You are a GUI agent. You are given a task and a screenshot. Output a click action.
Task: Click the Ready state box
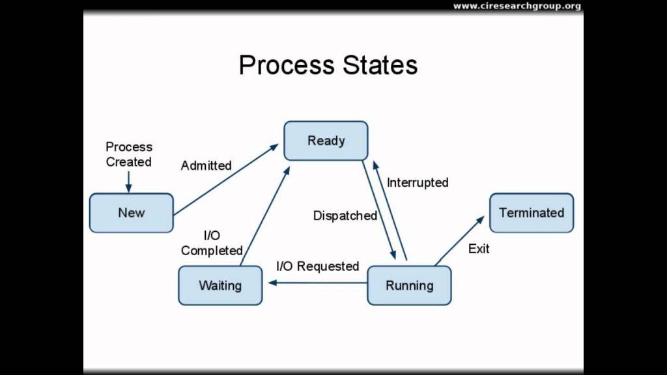coord(326,141)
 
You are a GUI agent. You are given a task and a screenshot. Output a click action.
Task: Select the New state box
coord(132,213)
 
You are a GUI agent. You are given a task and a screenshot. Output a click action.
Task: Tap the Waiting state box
coord(220,285)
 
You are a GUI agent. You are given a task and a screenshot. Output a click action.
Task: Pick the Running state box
coord(409,285)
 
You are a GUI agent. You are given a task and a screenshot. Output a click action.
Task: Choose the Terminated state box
coord(532,213)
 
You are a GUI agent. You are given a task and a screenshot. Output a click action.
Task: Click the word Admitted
coord(206,165)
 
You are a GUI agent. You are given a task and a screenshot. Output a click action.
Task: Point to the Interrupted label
coord(418,182)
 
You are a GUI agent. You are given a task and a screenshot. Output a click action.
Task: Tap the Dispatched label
coord(345,215)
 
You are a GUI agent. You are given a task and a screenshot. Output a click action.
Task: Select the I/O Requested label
coord(318,266)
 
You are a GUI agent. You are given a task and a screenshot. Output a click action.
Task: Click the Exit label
coord(479,249)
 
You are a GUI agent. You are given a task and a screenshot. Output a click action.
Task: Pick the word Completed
coord(212,251)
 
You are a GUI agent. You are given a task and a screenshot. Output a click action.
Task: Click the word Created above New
coord(128,162)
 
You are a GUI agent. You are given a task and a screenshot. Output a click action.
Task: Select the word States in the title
coord(380,65)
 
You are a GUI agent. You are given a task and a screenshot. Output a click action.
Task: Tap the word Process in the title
coord(287,65)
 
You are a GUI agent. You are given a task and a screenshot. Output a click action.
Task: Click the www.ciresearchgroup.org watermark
coord(517,6)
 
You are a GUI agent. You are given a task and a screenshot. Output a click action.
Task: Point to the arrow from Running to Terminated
coord(460,241)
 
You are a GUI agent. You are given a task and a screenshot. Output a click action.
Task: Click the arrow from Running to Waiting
coord(317,283)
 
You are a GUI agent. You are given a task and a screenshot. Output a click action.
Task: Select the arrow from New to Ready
coord(226,180)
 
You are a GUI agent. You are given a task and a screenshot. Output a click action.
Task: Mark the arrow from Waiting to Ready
coord(265,216)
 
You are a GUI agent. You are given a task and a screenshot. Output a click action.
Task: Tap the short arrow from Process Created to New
coord(128,182)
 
